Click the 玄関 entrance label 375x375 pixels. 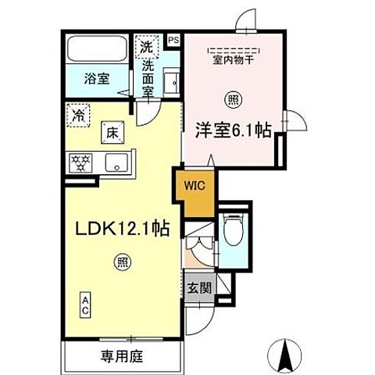point(199,287)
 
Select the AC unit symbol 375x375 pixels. point(85,303)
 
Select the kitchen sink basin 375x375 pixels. point(116,163)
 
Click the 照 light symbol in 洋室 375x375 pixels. point(232,98)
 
